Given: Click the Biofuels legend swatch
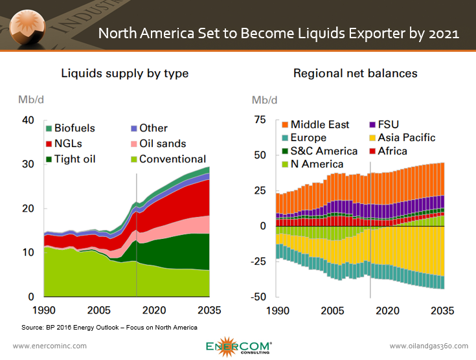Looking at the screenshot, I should (48, 128).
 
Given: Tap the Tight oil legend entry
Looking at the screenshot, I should (74, 159).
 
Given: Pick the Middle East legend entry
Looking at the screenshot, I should (319, 124).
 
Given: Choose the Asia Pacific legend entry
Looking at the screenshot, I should (407, 138).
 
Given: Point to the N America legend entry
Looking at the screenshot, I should (317, 164).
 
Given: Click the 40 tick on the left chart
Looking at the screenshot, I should (27, 120).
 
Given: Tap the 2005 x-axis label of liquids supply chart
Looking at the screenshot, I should (96, 309).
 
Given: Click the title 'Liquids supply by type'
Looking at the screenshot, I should (124, 73).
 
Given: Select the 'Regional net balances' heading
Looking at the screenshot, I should (355, 73).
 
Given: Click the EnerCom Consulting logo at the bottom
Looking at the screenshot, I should (238, 346).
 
